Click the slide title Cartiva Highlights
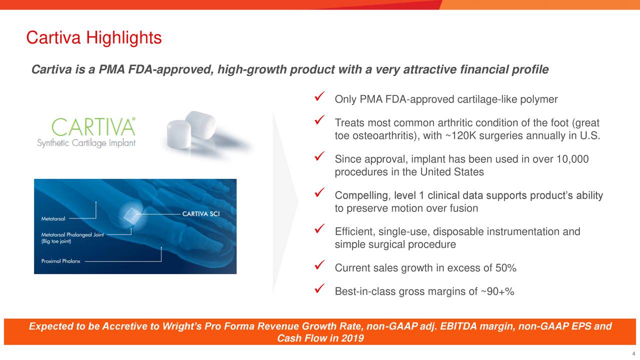coord(93,37)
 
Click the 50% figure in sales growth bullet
coord(505,268)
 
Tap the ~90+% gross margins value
coord(497,292)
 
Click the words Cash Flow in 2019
coord(320,338)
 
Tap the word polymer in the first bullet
coord(538,99)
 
